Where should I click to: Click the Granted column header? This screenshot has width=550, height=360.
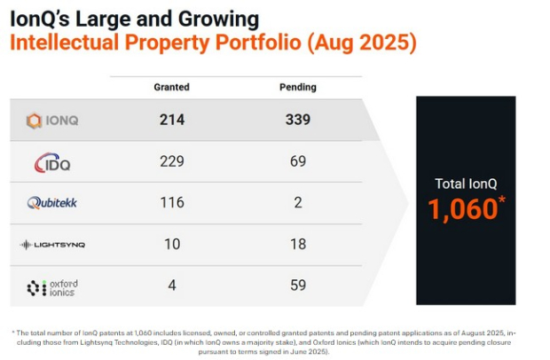click(172, 87)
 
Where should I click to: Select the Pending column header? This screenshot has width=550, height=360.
click(297, 87)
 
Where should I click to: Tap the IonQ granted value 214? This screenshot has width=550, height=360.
click(172, 120)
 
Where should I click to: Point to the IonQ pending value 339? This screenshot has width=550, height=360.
click(297, 120)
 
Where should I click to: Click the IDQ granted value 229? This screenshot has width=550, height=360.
click(172, 161)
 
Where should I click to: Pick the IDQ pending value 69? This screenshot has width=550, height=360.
click(297, 161)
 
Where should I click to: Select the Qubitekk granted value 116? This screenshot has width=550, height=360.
click(172, 202)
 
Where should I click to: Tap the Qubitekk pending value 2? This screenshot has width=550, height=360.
click(297, 202)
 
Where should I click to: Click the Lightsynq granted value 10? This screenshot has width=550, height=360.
click(172, 244)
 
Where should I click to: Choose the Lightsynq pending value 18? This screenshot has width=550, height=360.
click(297, 244)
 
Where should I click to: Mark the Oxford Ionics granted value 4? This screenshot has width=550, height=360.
click(172, 286)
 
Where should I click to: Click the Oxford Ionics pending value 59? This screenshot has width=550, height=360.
click(297, 286)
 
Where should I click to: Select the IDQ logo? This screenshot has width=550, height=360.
click(52, 162)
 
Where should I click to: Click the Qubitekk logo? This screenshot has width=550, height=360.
click(52, 203)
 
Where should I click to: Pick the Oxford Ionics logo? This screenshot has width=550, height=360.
click(52, 286)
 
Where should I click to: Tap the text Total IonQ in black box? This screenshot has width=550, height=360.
click(466, 184)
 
